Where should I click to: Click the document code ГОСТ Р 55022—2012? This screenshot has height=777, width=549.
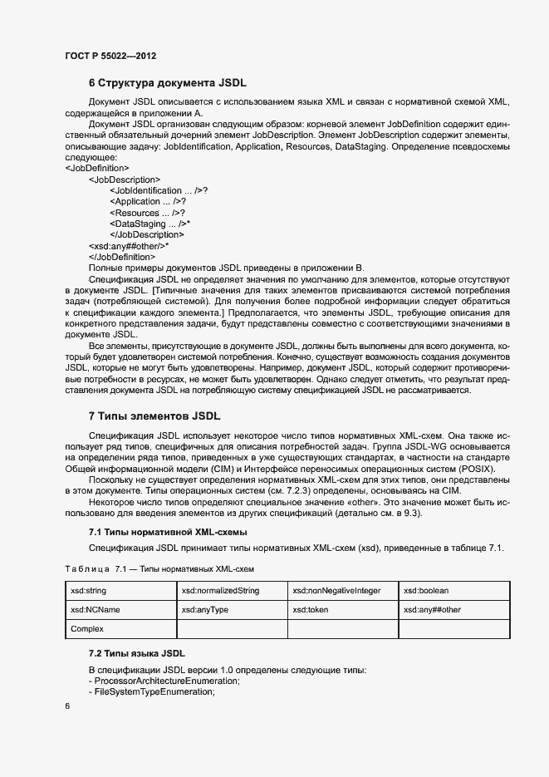click(110, 56)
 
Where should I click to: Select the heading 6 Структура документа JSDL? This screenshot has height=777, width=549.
click(167, 83)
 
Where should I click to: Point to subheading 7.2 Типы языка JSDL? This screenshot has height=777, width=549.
click(137, 653)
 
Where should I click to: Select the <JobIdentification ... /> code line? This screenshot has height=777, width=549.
click(158, 190)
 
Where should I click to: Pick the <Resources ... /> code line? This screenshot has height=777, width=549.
click(146, 213)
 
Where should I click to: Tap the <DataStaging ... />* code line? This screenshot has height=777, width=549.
click(150, 224)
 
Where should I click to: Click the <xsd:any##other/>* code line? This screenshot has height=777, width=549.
click(129, 246)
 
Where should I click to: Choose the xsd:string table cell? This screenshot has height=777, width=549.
click(89, 591)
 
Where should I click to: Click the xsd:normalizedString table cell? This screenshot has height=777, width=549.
click(220, 591)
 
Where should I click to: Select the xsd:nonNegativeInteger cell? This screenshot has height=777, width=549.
click(336, 591)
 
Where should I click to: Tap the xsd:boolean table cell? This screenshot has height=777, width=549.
click(426, 591)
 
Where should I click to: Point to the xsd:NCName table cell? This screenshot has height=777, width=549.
click(96, 610)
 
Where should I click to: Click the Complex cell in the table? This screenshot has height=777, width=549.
click(87, 629)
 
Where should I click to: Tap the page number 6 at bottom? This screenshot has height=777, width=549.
click(67, 706)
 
